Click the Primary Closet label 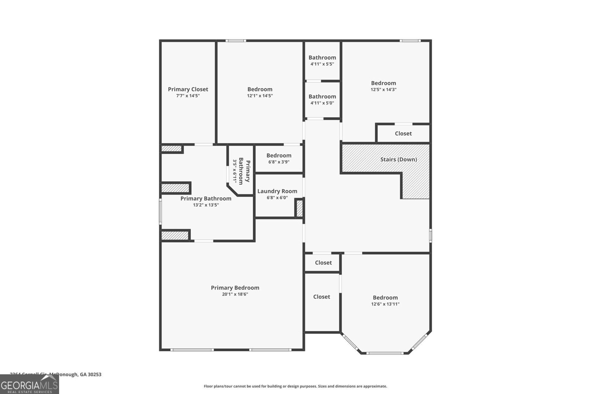tap(188, 89)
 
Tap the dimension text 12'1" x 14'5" tap(260, 96)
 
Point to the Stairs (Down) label tap(399, 160)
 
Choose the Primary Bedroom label tap(235, 288)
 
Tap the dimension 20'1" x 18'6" tap(235, 294)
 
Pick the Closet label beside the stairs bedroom tap(403, 134)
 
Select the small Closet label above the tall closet tap(323, 263)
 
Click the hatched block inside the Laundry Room tap(300, 208)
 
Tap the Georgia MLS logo tap(29, 384)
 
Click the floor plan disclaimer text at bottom tap(295, 386)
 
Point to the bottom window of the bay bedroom tap(385, 353)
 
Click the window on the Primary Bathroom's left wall tap(160, 212)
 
